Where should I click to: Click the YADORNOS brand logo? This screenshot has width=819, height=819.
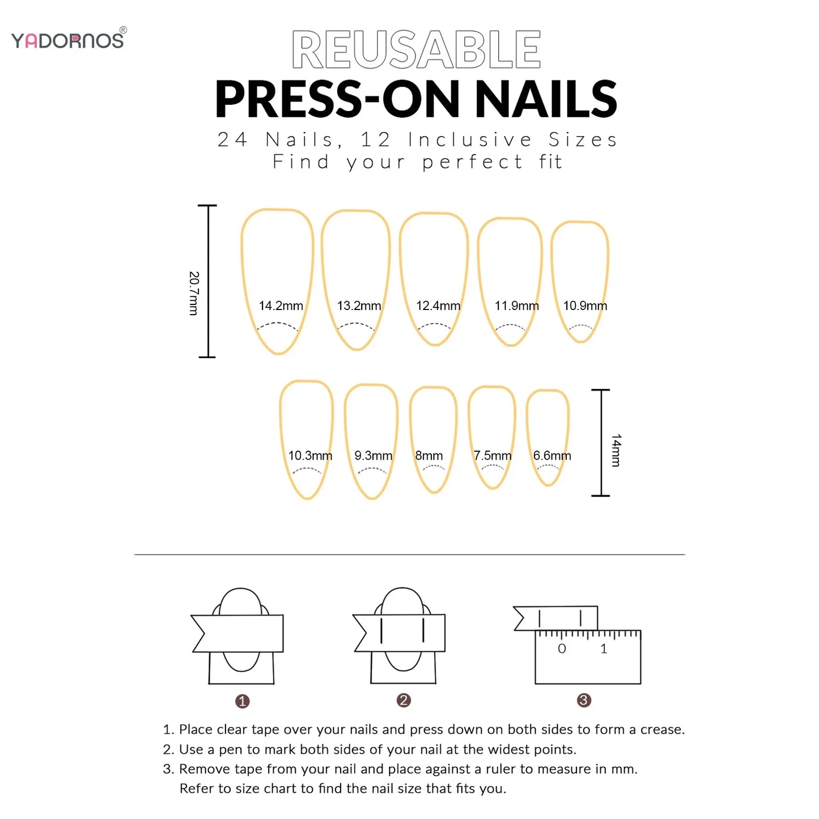click(68, 40)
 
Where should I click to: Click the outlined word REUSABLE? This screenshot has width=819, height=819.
click(416, 50)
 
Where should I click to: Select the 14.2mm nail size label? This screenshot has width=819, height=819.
click(281, 306)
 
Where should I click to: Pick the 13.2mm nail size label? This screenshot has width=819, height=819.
click(359, 306)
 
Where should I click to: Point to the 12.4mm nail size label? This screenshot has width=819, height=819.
click(438, 306)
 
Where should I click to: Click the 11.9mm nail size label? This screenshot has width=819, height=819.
click(516, 306)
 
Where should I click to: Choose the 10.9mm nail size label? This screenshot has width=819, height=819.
click(585, 306)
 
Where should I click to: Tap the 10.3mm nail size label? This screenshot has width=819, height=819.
click(310, 456)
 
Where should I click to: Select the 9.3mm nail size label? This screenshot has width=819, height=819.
click(373, 456)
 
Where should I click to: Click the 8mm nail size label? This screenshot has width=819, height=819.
click(429, 456)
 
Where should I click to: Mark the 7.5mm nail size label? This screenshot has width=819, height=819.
click(493, 456)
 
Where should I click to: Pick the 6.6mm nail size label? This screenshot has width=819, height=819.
click(552, 456)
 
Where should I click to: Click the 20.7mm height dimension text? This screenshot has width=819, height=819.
click(194, 293)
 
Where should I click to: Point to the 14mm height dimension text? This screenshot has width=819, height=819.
click(616, 451)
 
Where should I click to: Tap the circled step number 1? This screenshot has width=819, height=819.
click(242, 701)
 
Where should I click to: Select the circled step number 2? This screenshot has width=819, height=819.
click(404, 701)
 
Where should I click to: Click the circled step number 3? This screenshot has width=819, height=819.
click(584, 701)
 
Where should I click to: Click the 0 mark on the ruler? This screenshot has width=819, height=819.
click(562, 649)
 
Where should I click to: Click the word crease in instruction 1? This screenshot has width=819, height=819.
click(661, 729)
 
